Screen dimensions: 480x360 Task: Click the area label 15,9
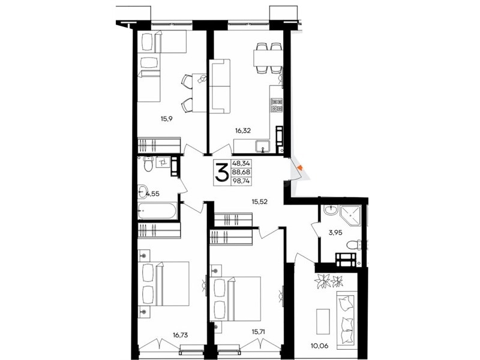click(167, 118)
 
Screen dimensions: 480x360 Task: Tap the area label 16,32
click(243, 131)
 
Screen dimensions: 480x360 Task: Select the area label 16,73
click(180, 335)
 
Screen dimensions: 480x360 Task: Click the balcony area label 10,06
click(320, 346)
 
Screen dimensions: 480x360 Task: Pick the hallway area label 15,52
click(260, 202)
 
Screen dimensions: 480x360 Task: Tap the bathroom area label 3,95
click(335, 233)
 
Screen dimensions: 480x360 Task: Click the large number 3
click(222, 172)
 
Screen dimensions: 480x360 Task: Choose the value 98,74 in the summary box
click(241, 181)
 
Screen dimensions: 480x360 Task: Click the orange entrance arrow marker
click(300, 167)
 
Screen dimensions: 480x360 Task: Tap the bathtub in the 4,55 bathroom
click(157, 211)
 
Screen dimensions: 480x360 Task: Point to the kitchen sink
click(262, 146)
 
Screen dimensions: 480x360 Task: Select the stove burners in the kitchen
click(277, 104)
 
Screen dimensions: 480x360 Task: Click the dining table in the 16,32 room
click(268, 58)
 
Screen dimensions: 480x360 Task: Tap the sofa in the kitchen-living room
click(220, 86)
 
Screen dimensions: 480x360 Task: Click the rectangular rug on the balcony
click(323, 322)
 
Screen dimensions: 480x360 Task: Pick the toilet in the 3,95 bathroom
click(354, 245)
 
